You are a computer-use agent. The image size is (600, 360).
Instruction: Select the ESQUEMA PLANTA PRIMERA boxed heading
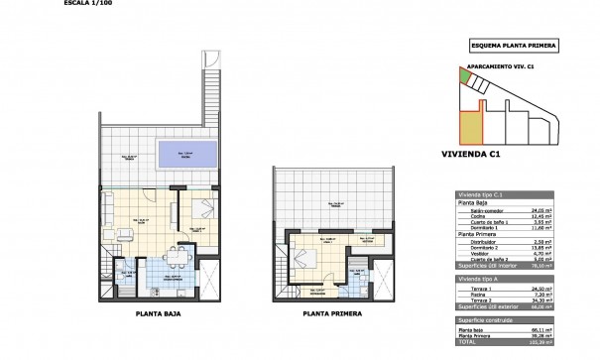[512, 45]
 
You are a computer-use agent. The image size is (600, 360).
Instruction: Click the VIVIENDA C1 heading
[469, 154]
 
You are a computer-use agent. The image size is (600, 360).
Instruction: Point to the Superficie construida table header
[487, 320]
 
